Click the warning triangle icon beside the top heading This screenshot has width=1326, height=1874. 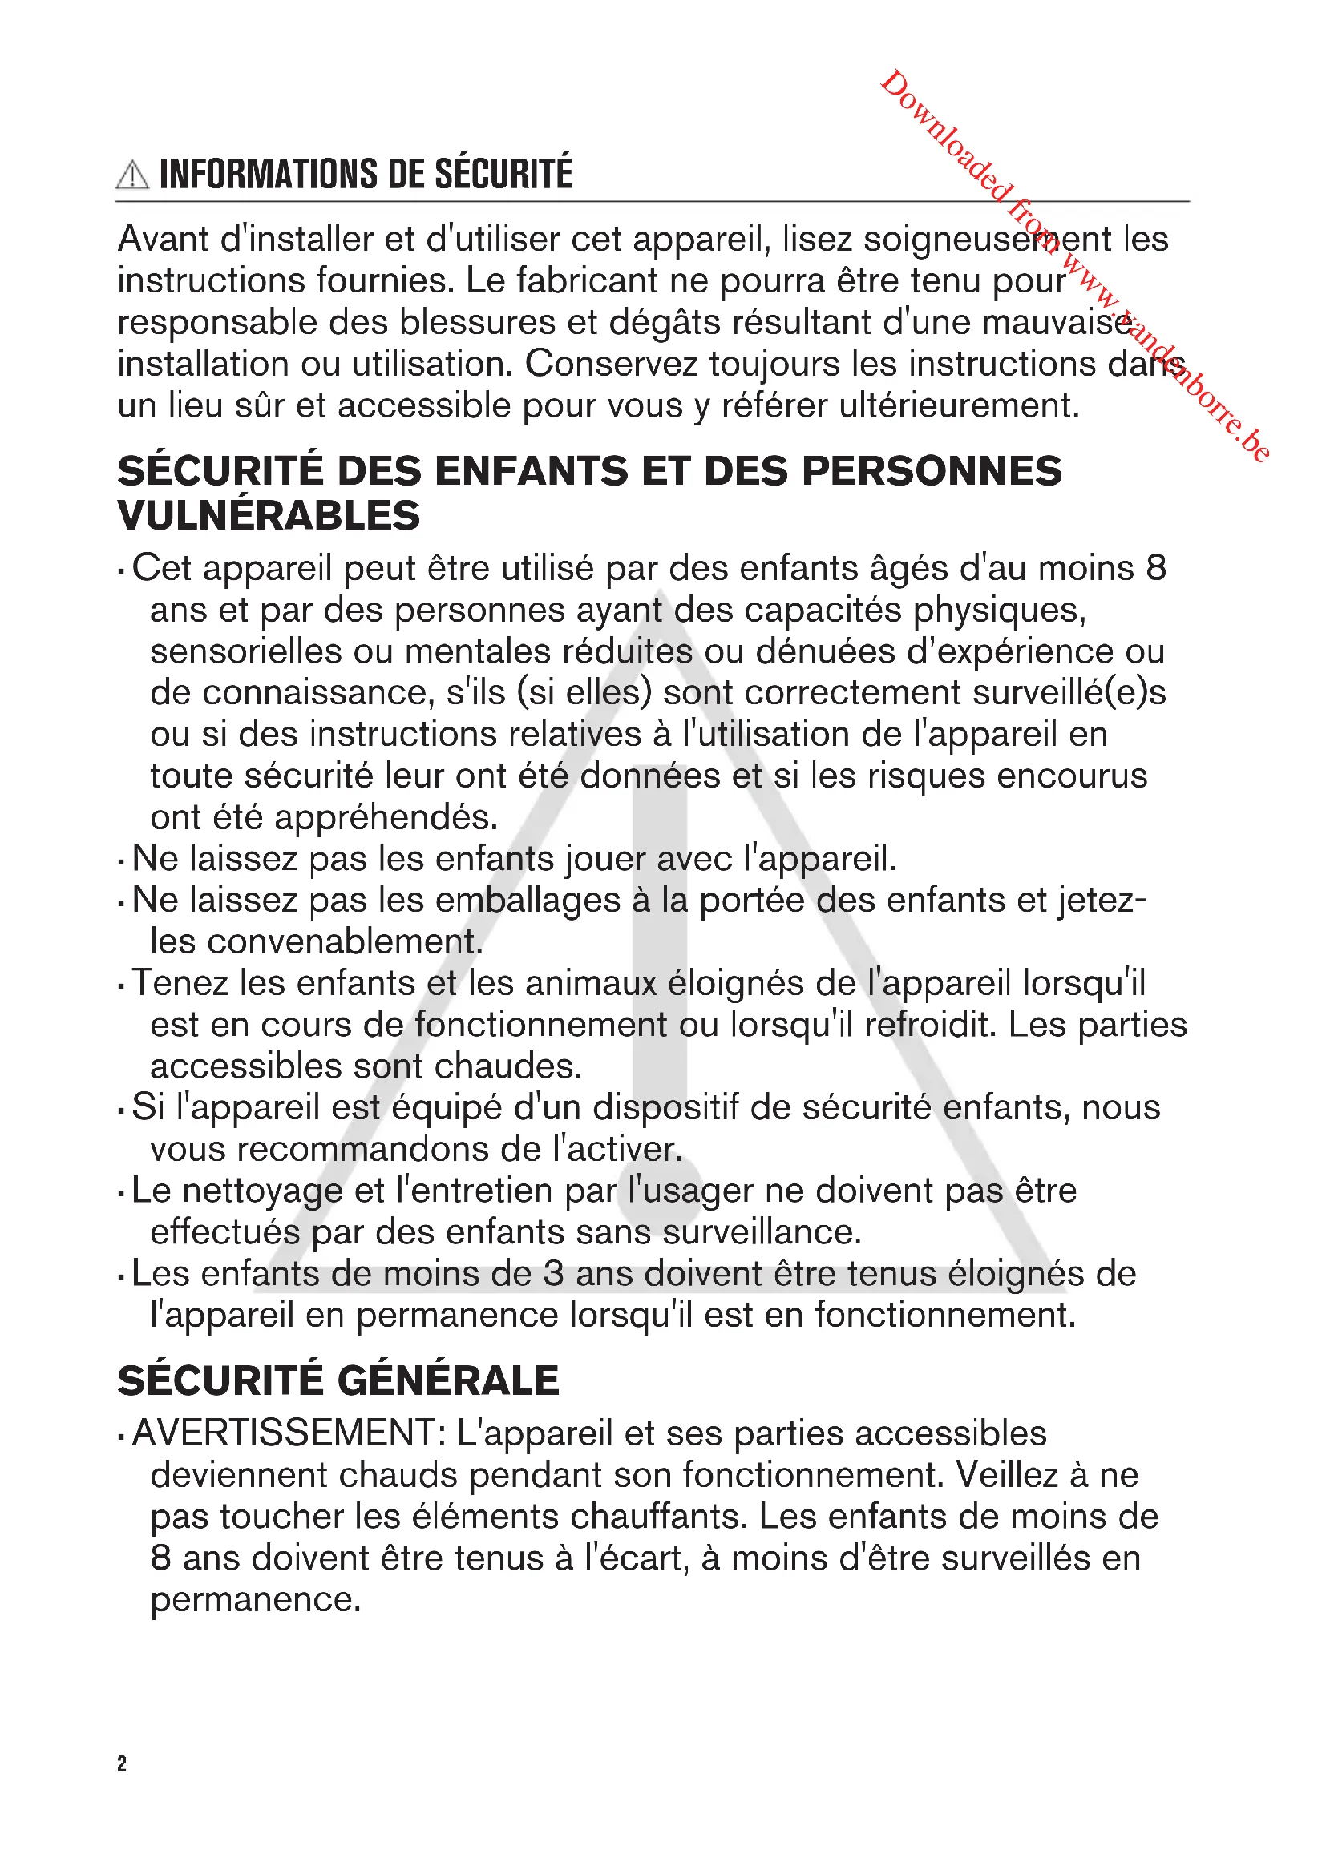click(x=132, y=175)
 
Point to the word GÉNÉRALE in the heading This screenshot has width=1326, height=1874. click(x=447, y=1380)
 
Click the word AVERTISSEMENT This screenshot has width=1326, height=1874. click(x=289, y=1433)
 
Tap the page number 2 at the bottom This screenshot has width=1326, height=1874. click(x=122, y=1763)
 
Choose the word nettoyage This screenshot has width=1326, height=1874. click(x=262, y=1191)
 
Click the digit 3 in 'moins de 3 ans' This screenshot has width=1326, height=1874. click(x=554, y=1274)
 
